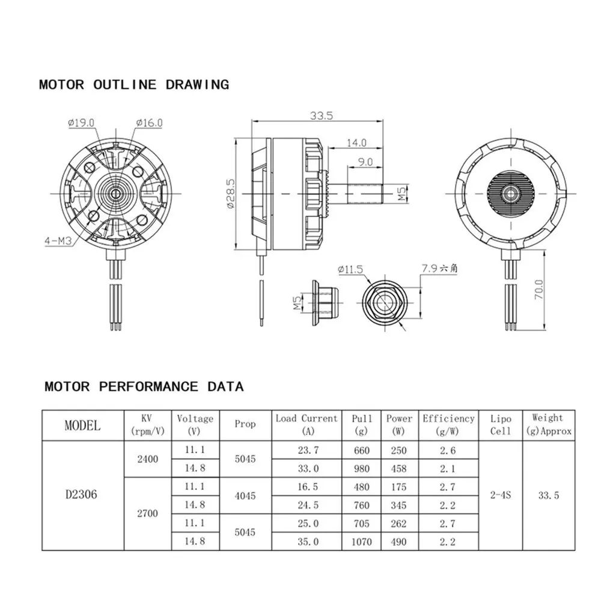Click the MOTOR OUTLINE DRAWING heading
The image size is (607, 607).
(x=133, y=84)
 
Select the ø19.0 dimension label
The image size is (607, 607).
(x=81, y=123)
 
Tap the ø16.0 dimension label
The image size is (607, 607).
(x=149, y=123)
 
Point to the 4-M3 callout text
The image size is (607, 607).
(x=58, y=242)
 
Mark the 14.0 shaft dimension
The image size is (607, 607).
(x=355, y=143)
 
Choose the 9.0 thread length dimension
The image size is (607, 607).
(x=365, y=162)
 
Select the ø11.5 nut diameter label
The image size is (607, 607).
(x=350, y=270)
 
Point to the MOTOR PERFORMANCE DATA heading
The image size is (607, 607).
(x=144, y=386)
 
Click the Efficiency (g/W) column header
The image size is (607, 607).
(x=448, y=424)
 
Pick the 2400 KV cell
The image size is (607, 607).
(x=148, y=459)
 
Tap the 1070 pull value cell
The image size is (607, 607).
(x=361, y=541)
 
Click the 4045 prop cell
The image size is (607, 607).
(x=245, y=496)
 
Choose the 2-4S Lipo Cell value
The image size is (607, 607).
(x=500, y=495)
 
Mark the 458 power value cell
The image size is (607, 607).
(x=398, y=468)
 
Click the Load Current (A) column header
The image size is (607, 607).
(x=307, y=424)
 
